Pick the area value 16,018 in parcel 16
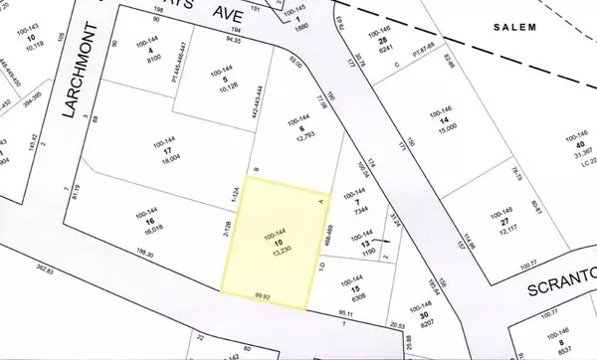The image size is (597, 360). click(x=137, y=227)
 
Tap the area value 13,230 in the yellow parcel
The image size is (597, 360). click(x=277, y=251)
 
